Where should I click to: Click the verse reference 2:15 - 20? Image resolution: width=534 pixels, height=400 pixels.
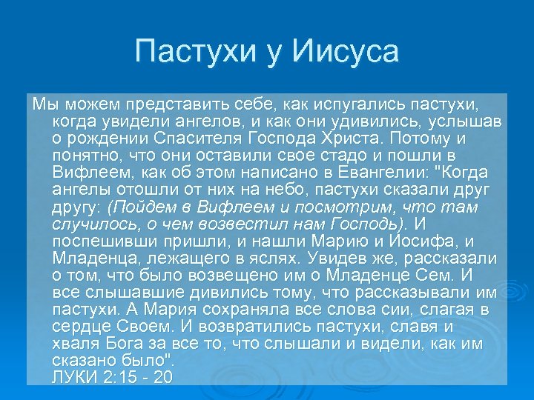click(x=139, y=378)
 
